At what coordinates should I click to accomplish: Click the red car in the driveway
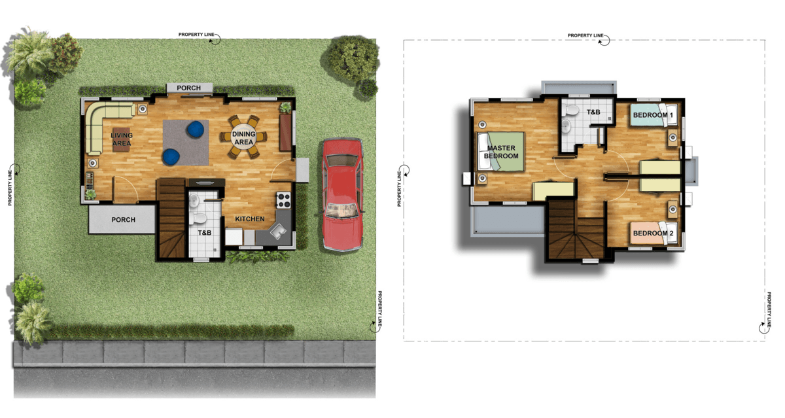(x=342, y=194)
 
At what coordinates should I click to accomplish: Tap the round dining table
(x=243, y=137)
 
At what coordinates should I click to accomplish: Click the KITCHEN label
(x=249, y=219)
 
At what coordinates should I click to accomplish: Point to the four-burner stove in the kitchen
(x=283, y=200)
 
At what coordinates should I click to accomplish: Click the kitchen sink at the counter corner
(x=277, y=231)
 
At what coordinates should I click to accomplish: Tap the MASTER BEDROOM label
(x=501, y=152)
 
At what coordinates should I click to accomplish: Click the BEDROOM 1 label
(x=653, y=115)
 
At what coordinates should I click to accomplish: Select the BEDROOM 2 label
(x=653, y=234)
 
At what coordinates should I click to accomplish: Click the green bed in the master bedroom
(x=501, y=152)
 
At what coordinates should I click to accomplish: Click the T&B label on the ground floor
(x=204, y=233)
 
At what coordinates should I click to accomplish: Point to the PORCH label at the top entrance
(x=188, y=88)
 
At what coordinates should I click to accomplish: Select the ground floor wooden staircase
(x=171, y=218)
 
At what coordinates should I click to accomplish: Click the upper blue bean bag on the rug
(x=196, y=129)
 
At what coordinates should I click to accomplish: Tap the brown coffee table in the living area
(x=121, y=139)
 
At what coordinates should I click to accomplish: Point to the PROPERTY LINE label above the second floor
(x=585, y=35)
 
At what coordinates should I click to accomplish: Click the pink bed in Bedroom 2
(x=654, y=233)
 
